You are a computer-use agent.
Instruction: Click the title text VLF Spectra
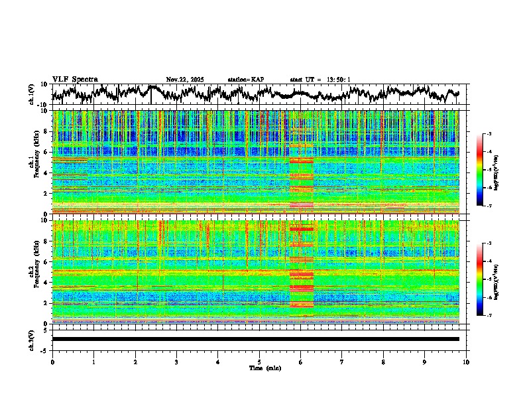(x=75, y=79)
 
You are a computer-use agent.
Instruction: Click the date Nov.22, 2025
(x=185, y=80)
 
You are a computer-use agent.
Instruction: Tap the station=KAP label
(x=245, y=80)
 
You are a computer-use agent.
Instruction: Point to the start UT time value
(x=338, y=80)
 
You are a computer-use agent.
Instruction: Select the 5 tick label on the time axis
(x=259, y=362)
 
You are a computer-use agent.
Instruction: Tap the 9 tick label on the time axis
(x=425, y=362)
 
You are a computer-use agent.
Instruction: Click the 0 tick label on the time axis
(x=52, y=362)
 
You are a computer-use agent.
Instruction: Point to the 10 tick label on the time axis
(x=467, y=362)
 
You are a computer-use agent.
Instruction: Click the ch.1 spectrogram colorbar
(x=487, y=170)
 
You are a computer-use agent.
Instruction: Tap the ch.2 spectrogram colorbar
(x=487, y=279)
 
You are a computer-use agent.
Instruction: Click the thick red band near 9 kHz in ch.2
(x=302, y=229)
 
